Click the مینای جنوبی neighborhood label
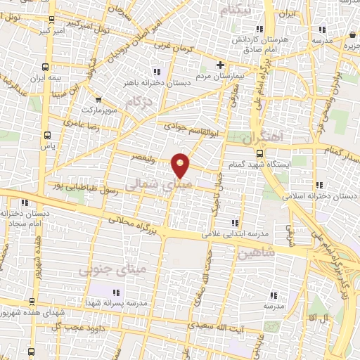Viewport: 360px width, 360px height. [x=112, y=269]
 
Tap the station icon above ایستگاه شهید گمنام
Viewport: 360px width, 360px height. [x=259, y=153]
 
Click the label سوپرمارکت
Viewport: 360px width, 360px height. [x=96, y=110]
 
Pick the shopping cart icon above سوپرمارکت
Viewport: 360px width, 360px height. [x=98, y=99]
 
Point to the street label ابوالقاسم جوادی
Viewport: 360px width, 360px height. [x=189, y=128]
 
